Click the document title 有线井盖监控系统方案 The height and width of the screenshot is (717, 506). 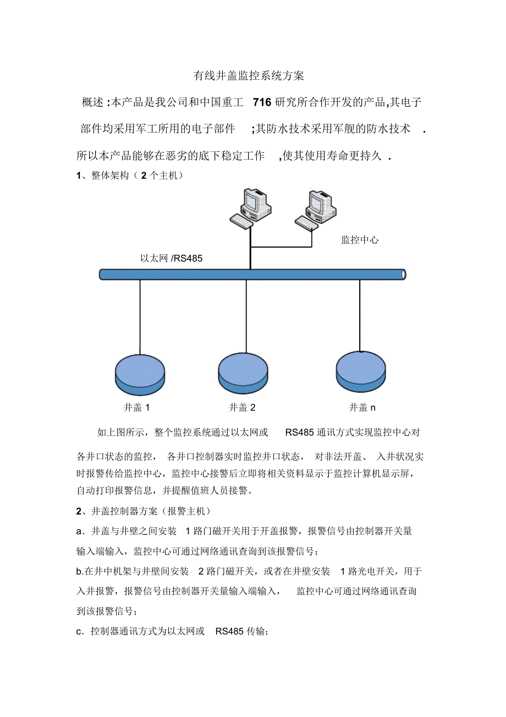pyautogui.click(x=249, y=76)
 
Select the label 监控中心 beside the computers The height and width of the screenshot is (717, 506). pyautogui.click(x=360, y=240)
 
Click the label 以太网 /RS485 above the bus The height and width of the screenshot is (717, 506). pyautogui.click(x=172, y=258)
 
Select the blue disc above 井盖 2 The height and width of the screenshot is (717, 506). pyautogui.click(x=243, y=370)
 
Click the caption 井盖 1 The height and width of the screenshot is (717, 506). pyautogui.click(x=137, y=408)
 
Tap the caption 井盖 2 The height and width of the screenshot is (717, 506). pyautogui.click(x=242, y=408)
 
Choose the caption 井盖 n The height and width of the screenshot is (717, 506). pyautogui.click(x=362, y=408)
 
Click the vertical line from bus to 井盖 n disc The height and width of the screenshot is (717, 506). pyautogui.click(x=360, y=314)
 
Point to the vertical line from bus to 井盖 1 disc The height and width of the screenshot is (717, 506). pyautogui.click(x=140, y=316)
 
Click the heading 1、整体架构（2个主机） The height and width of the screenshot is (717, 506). pyautogui.click(x=129, y=176)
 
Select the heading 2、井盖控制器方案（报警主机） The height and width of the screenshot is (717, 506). pyautogui.click(x=143, y=512)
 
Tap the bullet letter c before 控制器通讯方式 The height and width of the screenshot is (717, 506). pyautogui.click(x=79, y=632)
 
